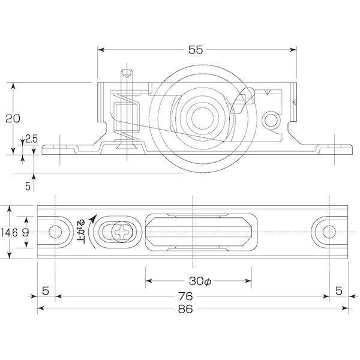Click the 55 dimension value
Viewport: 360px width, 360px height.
[x=196, y=50]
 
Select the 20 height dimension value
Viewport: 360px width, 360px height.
[x=13, y=118]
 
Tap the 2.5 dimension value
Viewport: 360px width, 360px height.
[x=32, y=139]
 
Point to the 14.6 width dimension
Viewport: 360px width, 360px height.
[x=9, y=233]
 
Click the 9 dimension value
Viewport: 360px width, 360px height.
[x=25, y=233]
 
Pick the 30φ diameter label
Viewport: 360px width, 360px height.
[x=200, y=281]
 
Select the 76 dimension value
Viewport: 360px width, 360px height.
[x=185, y=296]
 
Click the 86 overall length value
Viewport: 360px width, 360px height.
[x=185, y=309]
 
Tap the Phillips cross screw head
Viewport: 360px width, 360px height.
[x=122, y=232]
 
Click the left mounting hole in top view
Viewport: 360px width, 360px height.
[x=55, y=232]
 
